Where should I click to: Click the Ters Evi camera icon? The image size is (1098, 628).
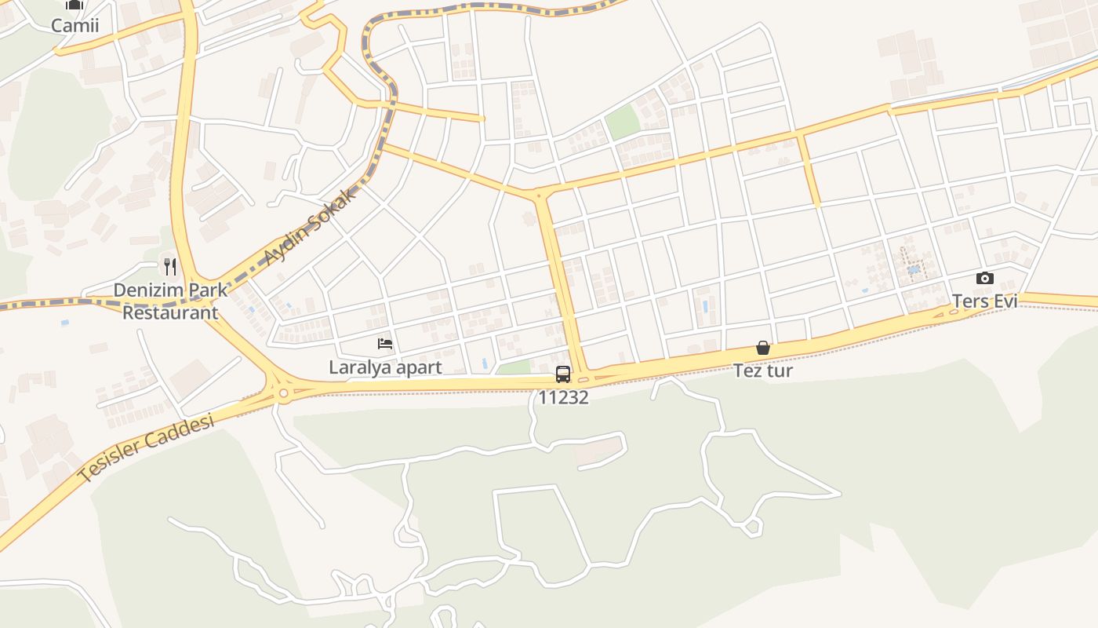click(x=985, y=278)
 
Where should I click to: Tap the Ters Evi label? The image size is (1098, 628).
click(x=984, y=301)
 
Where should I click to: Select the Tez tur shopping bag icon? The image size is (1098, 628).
click(x=762, y=348)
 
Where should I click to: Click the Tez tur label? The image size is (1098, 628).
click(x=763, y=371)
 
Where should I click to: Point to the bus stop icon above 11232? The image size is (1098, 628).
click(x=563, y=374)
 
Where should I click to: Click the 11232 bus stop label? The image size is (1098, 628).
click(x=563, y=397)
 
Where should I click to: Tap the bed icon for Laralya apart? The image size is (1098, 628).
click(x=385, y=344)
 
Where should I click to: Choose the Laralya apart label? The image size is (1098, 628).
click(x=385, y=367)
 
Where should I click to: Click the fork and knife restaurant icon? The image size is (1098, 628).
click(x=170, y=267)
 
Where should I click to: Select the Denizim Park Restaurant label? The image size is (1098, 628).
click(x=170, y=301)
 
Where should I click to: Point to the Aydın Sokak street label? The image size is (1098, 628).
click(x=310, y=226)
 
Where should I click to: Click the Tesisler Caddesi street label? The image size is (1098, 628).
click(x=147, y=448)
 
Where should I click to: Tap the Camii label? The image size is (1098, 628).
click(x=75, y=26)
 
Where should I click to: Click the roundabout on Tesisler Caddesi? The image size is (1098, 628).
click(x=283, y=392)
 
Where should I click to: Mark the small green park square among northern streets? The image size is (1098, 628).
click(x=623, y=122)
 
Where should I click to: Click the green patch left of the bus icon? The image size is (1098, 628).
click(x=515, y=368)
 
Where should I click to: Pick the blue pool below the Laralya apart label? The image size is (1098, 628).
click(x=484, y=364)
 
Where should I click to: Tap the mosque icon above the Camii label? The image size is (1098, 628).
click(x=75, y=5)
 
